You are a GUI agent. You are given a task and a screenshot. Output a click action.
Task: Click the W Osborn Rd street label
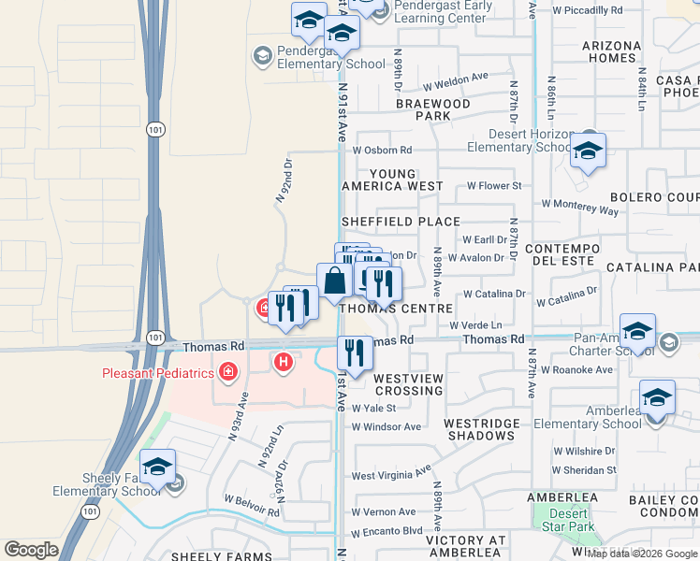tap(382, 150)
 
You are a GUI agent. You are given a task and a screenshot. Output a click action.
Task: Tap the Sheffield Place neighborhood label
tap(401, 222)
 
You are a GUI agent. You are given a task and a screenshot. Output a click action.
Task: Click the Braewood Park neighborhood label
tap(431, 109)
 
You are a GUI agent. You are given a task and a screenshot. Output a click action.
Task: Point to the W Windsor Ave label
tap(386, 426)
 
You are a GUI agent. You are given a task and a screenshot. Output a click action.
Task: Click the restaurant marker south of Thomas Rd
tap(354, 353)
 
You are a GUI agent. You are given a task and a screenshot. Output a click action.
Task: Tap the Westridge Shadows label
tap(482, 429)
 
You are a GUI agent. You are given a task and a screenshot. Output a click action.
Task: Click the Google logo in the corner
tap(31, 550)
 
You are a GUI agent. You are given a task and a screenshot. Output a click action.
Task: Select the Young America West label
tap(405, 180)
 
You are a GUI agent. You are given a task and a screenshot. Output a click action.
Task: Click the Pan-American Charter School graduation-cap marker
tap(637, 332)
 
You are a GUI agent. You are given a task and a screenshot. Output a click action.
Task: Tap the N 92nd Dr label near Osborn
tap(284, 180)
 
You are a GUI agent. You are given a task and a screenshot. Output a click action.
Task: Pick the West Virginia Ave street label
tap(391, 473)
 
